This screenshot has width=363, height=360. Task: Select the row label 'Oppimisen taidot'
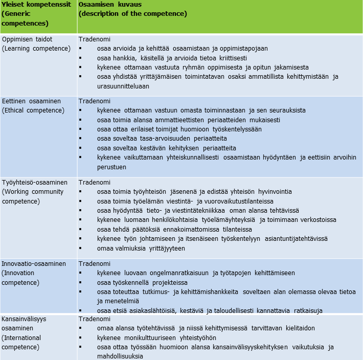click(x=27, y=39)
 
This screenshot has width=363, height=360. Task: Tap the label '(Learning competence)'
click(x=36, y=48)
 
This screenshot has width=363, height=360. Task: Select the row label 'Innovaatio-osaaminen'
click(x=34, y=264)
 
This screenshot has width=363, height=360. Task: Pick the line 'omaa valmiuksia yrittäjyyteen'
click(x=141, y=249)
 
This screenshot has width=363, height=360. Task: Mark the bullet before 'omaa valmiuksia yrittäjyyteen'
click(x=80, y=249)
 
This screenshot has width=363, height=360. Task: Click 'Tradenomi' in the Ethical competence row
click(x=94, y=101)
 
